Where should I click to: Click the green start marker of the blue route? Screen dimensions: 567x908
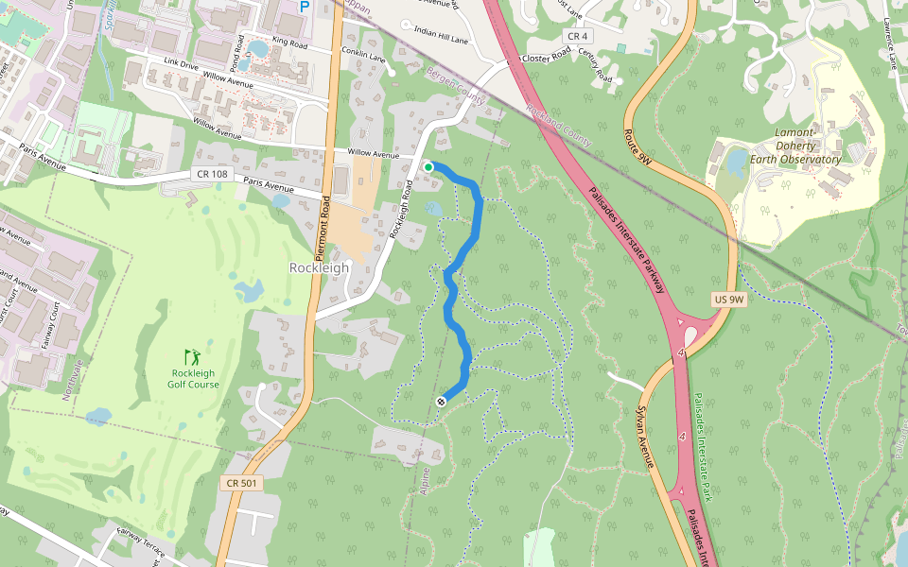[x=428, y=167]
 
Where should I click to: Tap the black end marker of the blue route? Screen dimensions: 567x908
[x=441, y=402]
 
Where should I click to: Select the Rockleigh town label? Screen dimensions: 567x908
[x=319, y=267]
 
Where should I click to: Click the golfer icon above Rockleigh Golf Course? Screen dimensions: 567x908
[x=193, y=357]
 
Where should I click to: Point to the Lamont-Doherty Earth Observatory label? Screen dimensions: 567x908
[x=794, y=146]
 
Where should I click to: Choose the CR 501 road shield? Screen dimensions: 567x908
[x=241, y=483]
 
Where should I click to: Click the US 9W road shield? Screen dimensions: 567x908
[x=729, y=300]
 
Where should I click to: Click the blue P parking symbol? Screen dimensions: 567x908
[x=304, y=7]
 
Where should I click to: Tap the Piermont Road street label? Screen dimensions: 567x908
[x=321, y=231]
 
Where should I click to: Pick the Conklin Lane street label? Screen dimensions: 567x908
[x=363, y=57]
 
